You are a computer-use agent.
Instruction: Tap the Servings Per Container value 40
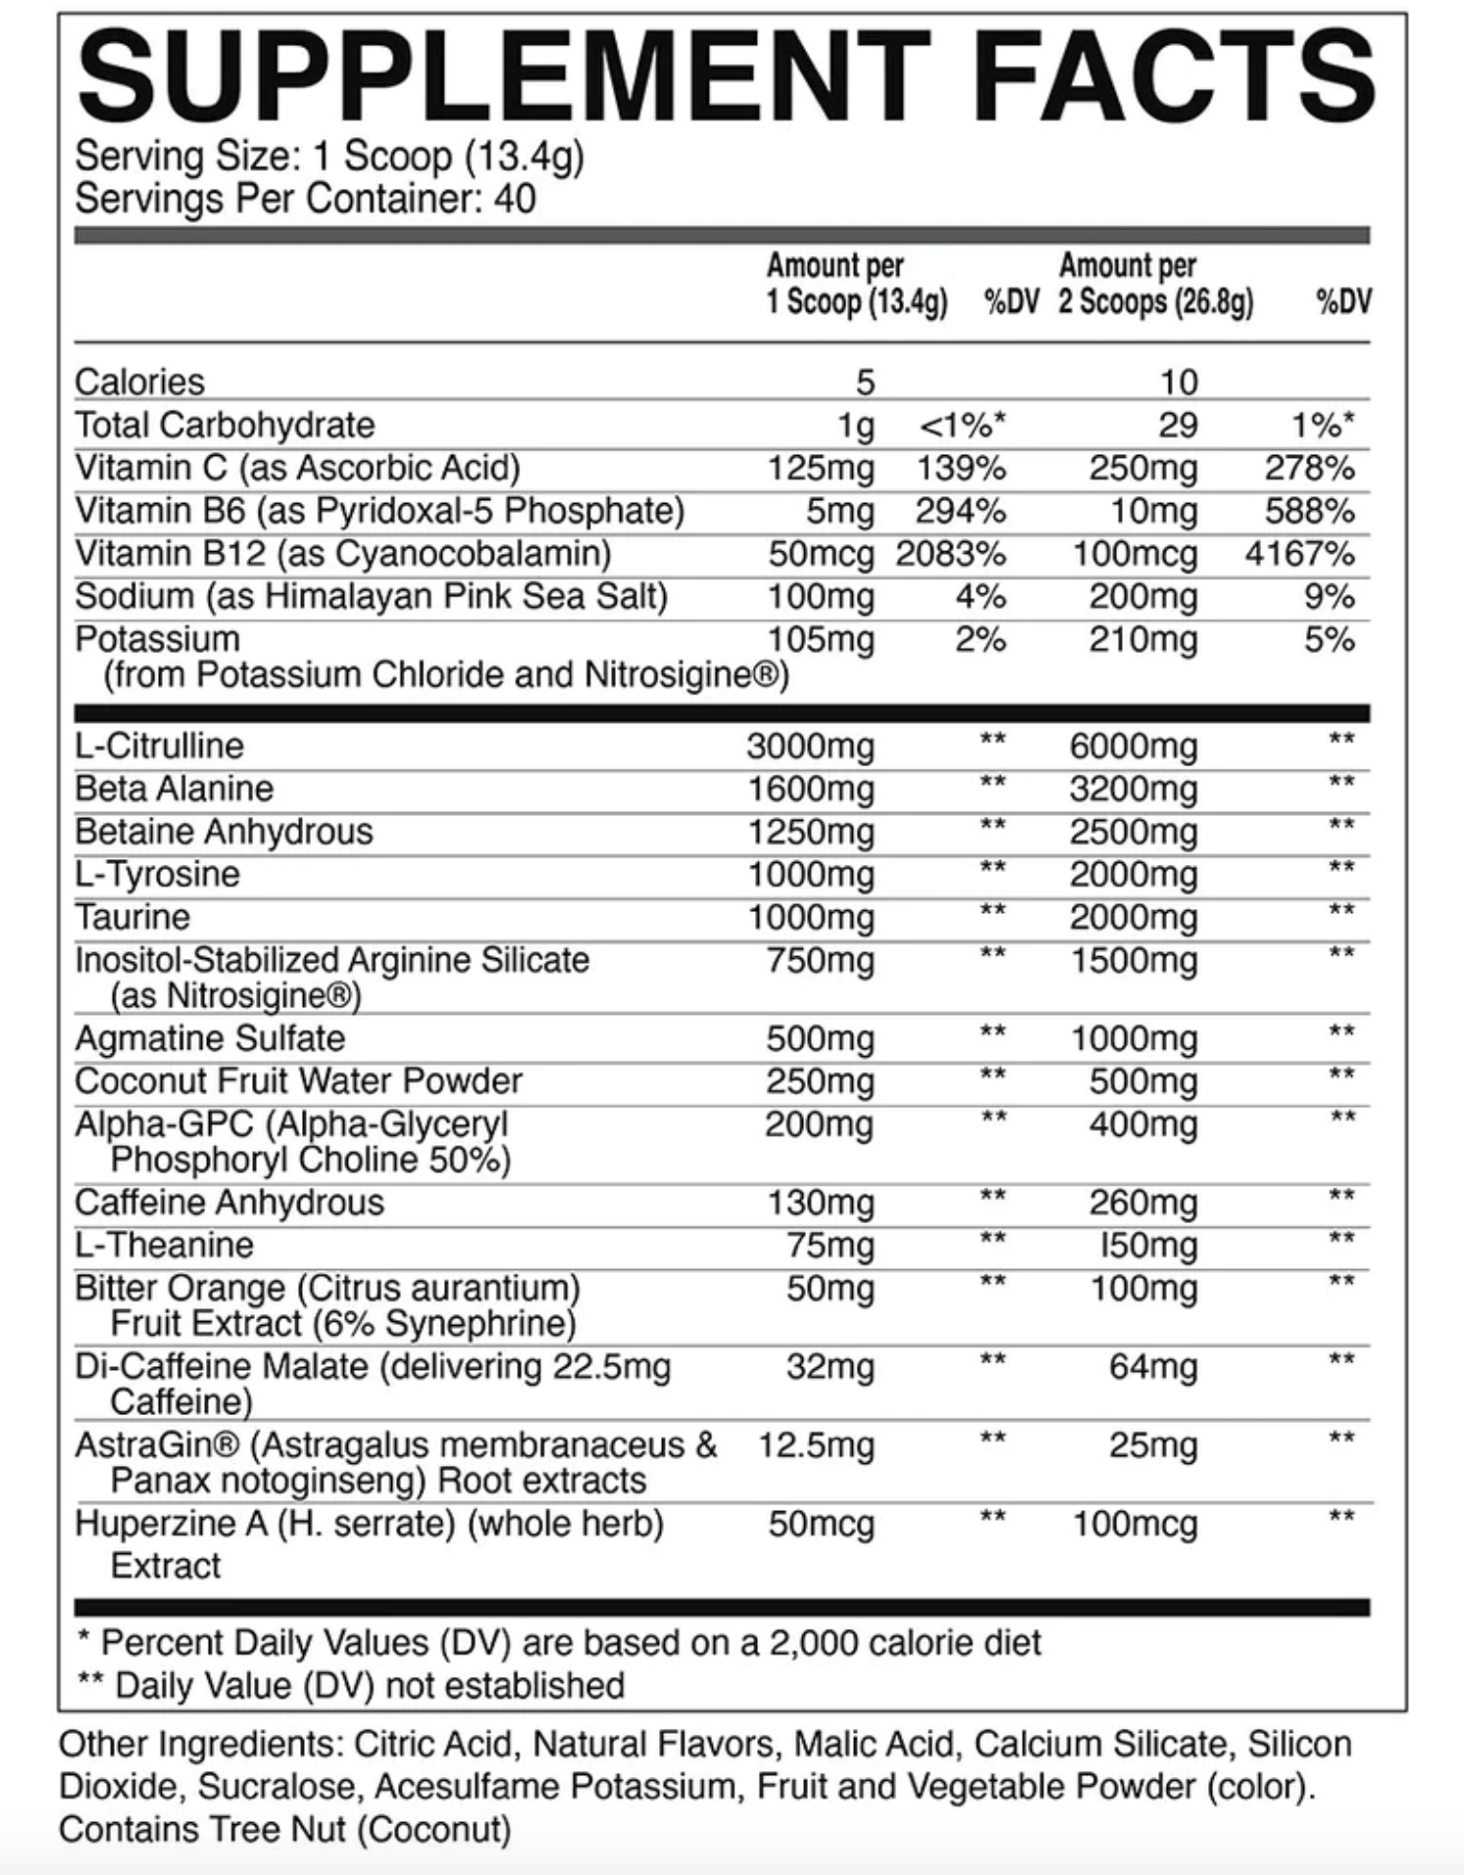pyautogui.click(x=515, y=199)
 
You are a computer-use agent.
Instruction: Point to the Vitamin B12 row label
pyautogui.click(x=342, y=554)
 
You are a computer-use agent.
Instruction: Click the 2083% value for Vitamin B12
pyautogui.click(x=950, y=554)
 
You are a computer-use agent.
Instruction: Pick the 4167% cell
pyautogui.click(x=1299, y=554)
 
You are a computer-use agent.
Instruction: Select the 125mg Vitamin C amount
pyautogui.click(x=820, y=469)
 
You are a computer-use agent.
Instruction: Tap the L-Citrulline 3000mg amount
pyautogui.click(x=810, y=747)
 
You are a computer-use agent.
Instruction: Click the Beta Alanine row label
pyautogui.click(x=174, y=789)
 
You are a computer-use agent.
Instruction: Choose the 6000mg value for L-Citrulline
pyautogui.click(x=1133, y=747)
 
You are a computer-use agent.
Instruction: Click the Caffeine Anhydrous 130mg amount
pyautogui.click(x=820, y=1203)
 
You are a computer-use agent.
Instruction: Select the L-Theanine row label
pyautogui.click(x=164, y=1245)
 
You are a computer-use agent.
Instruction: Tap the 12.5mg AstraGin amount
pyautogui.click(x=815, y=1445)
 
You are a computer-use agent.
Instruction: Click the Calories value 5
pyautogui.click(x=864, y=382)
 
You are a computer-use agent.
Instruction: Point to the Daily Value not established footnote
pyautogui.click(x=350, y=1686)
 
